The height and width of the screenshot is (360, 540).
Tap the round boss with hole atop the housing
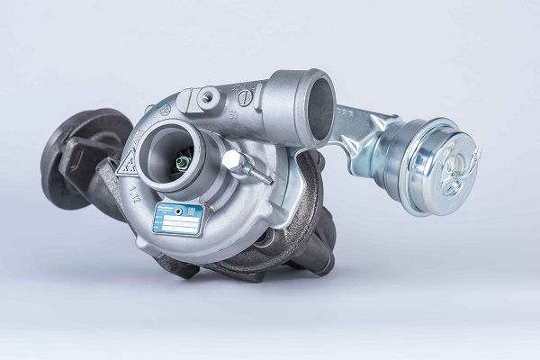(x=210, y=94)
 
